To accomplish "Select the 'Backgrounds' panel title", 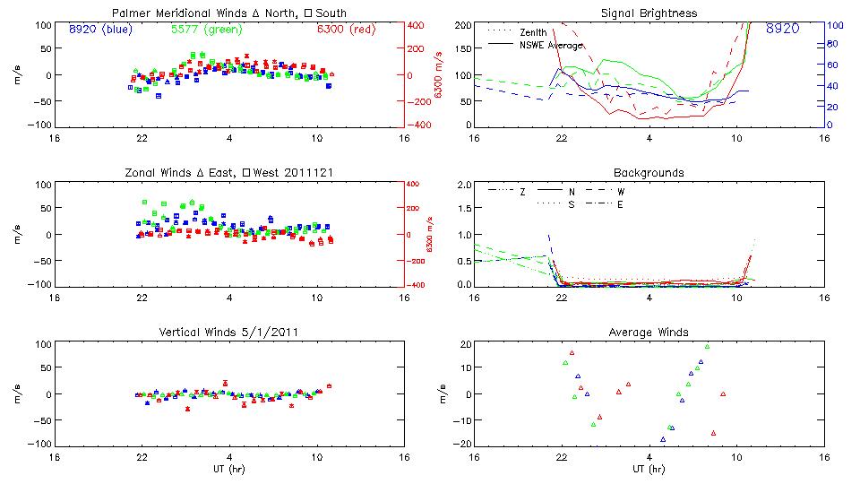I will (x=649, y=172).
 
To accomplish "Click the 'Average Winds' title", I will (x=649, y=333).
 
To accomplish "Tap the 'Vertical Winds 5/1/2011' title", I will (x=229, y=333).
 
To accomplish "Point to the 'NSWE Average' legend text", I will (x=551, y=44).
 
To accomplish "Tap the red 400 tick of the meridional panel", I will (x=417, y=25).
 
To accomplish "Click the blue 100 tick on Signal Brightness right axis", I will (x=831, y=25).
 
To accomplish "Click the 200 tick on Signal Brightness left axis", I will (x=458, y=25).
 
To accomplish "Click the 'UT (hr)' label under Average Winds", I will (x=649, y=469).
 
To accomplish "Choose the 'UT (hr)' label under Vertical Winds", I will (x=229, y=469).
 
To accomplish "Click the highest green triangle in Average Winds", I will (x=707, y=346).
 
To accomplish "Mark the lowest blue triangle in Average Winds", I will (x=663, y=439).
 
